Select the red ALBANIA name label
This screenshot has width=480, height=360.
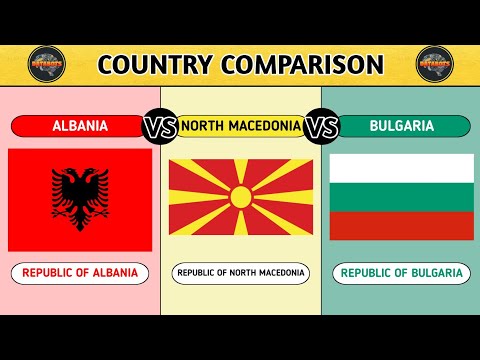pos(80,126)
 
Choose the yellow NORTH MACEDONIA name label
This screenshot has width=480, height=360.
pos(240,126)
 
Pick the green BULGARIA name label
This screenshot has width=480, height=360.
pos(402,126)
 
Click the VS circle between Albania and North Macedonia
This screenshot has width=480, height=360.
pos(161,127)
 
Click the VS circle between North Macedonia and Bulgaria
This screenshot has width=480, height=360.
pos(322,127)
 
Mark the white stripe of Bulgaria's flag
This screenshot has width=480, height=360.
pos(401,167)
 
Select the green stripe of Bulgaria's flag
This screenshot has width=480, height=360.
pos(401,196)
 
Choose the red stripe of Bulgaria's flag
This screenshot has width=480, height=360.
pos(401,225)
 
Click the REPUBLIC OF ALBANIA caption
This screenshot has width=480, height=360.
pos(80,272)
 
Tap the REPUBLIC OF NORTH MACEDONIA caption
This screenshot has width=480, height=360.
pos(240,272)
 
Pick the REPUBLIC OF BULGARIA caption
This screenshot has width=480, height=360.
pos(401,272)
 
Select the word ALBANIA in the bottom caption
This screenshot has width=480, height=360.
pos(113,272)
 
